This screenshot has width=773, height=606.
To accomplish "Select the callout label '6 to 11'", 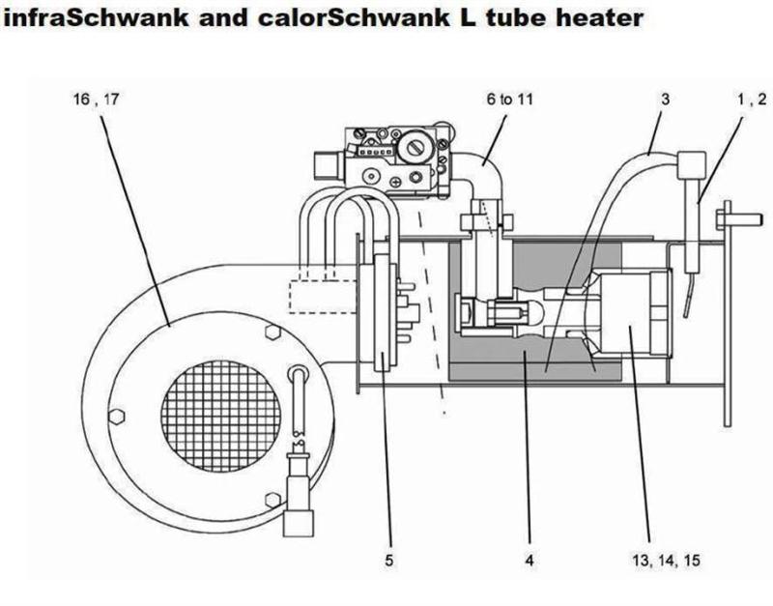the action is point(510,98).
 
